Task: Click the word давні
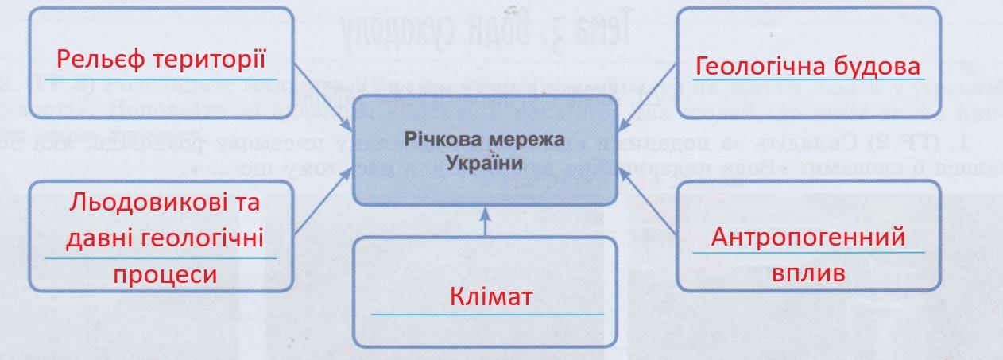tap(104, 238)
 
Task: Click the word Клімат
tap(485, 298)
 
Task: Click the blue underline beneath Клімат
tap(485, 315)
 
